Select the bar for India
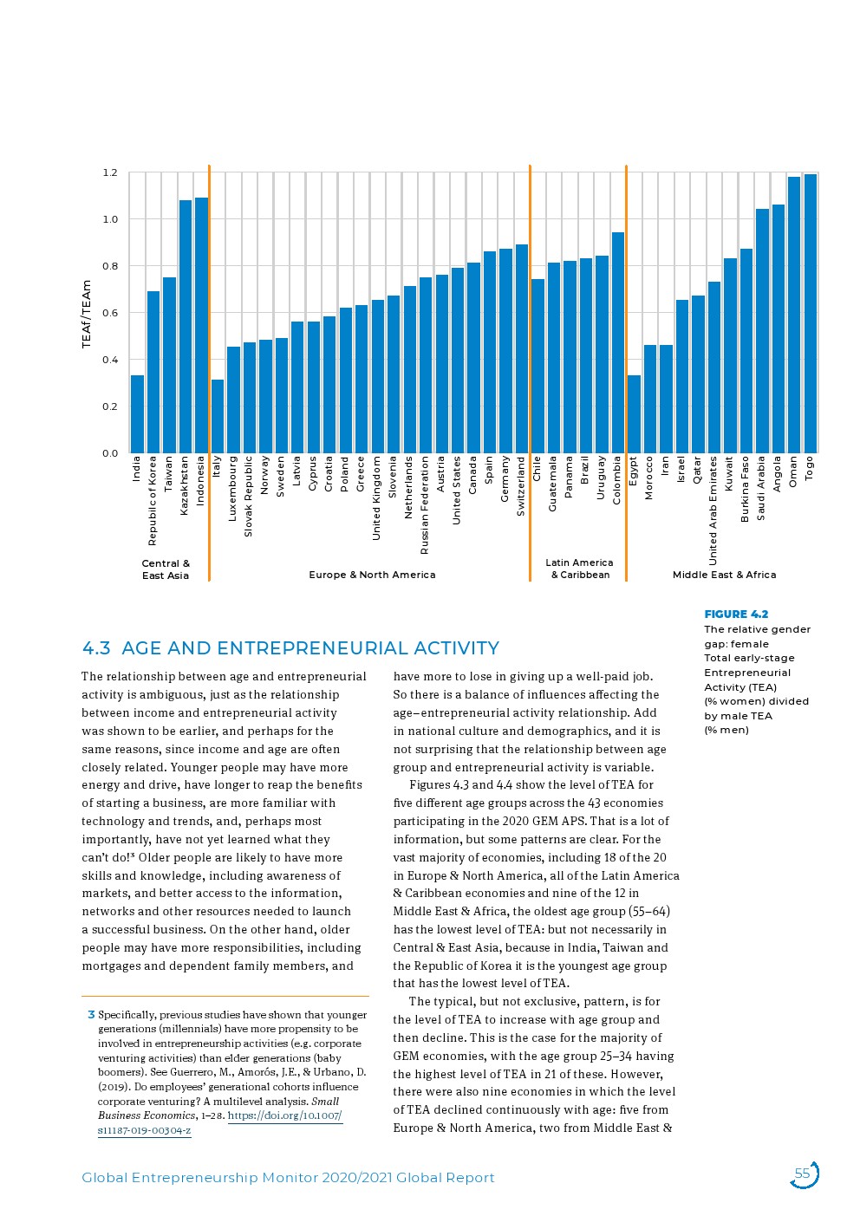pos(137,414)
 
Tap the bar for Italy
pos(218,416)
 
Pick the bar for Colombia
pos(617,342)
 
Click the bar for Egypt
pos(634,414)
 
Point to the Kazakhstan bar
pos(185,327)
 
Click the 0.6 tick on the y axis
pos(110,313)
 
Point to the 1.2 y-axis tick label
pos(110,172)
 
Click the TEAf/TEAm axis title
pos(87,314)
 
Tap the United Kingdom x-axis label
pos(376,498)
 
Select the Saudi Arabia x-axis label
pos(761,488)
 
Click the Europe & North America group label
pos(372,575)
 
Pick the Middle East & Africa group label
pos(724,575)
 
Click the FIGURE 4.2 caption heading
pos(736,615)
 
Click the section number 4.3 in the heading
pos(96,648)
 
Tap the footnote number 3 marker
pos(91,1015)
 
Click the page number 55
pos(802,1174)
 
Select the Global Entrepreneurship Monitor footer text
pos(288,1178)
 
